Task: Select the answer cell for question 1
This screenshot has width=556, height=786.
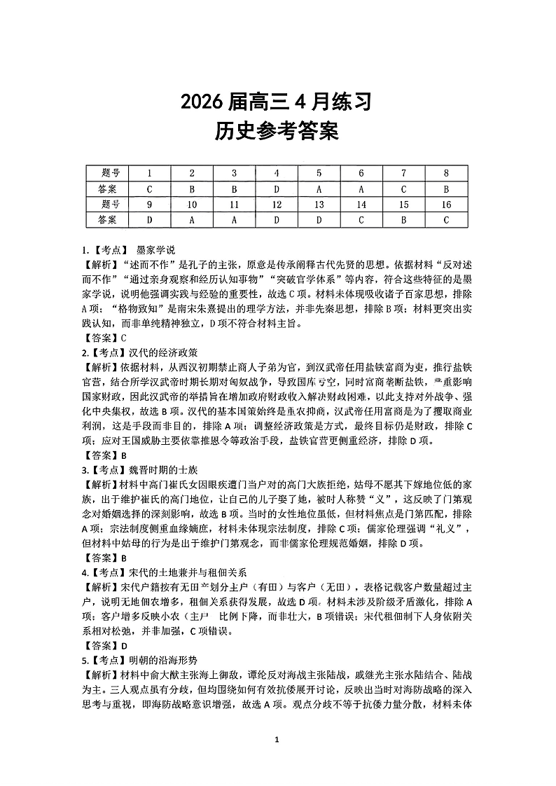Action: tap(149, 188)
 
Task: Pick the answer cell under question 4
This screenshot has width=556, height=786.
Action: tap(277, 188)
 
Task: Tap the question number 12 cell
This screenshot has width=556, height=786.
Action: tap(277, 204)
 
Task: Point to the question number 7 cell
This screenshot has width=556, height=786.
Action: tap(404, 173)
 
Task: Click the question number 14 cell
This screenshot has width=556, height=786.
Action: tap(361, 204)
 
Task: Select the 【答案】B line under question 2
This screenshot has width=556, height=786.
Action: tap(104, 455)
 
